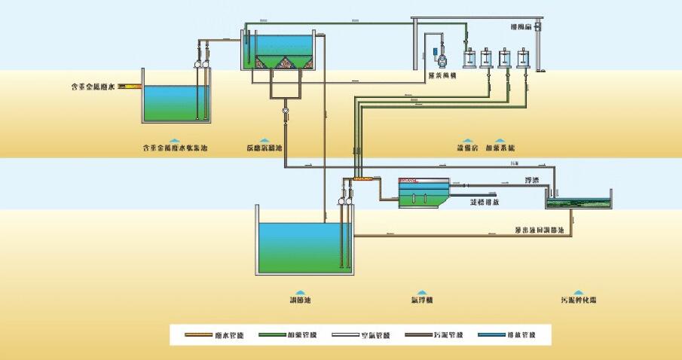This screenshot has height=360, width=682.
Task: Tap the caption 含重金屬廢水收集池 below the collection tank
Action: tap(174, 148)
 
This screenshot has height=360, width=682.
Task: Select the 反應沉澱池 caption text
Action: tap(264, 148)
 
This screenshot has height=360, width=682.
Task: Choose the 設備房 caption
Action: tap(469, 148)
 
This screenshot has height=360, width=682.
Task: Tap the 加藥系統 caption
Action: tap(506, 148)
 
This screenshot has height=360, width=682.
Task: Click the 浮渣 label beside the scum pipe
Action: tap(531, 181)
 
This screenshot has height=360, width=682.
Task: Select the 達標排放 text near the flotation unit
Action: tap(486, 203)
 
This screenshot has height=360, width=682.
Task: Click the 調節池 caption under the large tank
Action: tap(301, 301)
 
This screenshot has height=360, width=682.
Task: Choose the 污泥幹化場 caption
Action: tap(578, 301)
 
